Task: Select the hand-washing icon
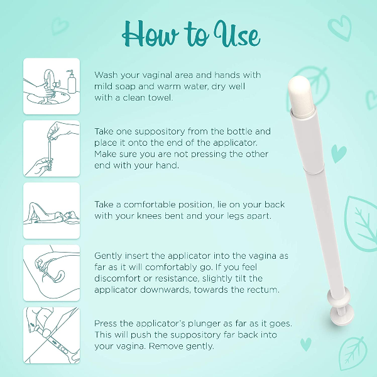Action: tap(52, 87)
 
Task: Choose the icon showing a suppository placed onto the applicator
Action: tap(52, 148)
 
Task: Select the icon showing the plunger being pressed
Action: tap(52, 334)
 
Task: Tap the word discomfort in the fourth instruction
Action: tap(120, 278)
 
